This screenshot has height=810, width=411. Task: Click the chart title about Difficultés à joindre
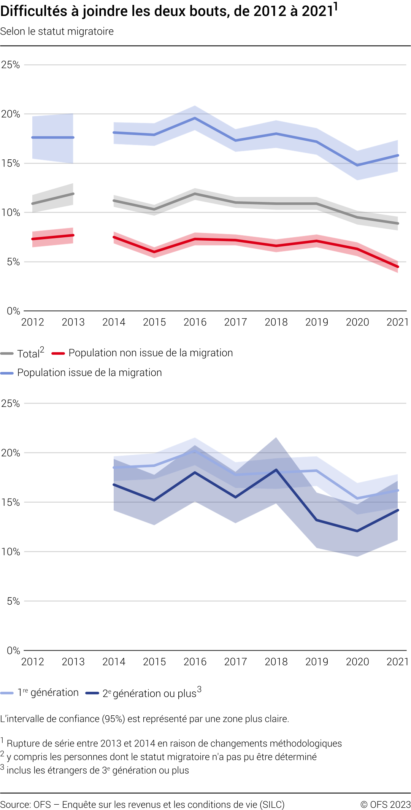pos(167,11)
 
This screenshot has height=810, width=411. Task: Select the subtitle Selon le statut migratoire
pos(57,31)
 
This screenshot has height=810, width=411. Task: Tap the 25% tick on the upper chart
pos(11,65)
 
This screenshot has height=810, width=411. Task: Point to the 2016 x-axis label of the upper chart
pos(195,322)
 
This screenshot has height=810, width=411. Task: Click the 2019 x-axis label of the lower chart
pos(316,662)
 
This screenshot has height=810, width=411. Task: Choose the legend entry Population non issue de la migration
pos(150,353)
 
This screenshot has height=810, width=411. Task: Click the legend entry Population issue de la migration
pos(89,373)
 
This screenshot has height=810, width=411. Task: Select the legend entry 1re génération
pos(48,693)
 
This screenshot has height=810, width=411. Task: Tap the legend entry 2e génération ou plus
pos(149,693)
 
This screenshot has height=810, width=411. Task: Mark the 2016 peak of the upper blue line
pos(195,118)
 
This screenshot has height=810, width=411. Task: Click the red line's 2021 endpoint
pos(398,267)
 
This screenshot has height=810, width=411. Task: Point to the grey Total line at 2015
pos(154,209)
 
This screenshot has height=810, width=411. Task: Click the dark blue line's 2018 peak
pos(276,470)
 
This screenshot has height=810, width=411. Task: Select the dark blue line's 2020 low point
pos(357,531)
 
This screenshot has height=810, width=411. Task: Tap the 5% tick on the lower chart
pos(13,601)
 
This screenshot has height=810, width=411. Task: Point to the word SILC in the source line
pos(272,805)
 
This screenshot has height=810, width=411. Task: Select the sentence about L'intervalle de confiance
pos(144,719)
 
